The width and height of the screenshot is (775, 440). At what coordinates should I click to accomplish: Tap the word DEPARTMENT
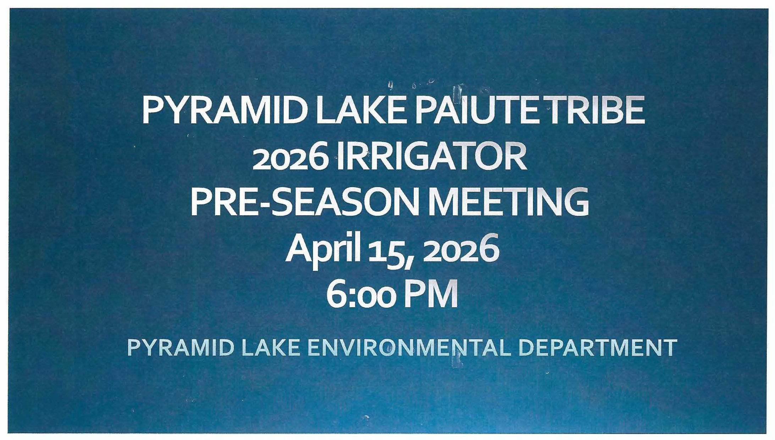598,348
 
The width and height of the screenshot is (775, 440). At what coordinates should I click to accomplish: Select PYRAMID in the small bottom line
180,348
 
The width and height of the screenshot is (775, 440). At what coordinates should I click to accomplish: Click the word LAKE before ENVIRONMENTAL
270,348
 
